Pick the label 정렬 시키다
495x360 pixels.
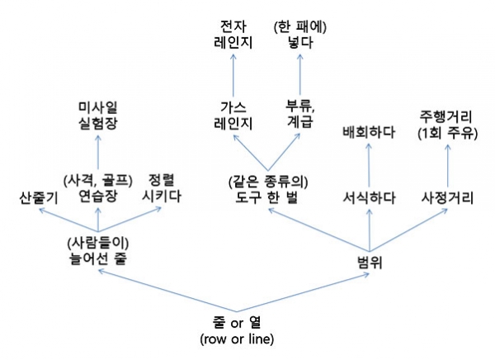[x=162, y=187]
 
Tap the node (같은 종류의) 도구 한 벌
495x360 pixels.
[x=266, y=187]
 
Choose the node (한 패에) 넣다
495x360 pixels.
[x=301, y=32]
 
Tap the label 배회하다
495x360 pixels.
[x=369, y=130]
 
